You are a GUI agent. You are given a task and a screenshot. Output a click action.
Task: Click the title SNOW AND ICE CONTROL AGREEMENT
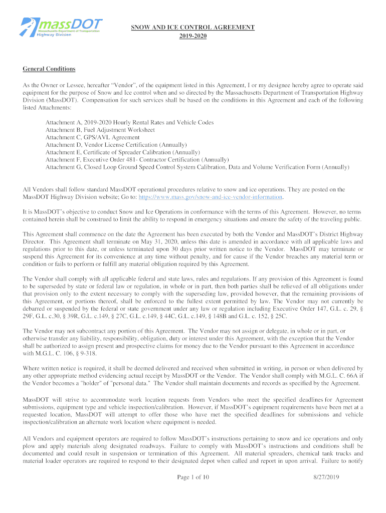pos(193,27)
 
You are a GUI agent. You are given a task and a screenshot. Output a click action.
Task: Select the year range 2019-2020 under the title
pos(193,36)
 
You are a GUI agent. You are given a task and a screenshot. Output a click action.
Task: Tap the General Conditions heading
pos(49,69)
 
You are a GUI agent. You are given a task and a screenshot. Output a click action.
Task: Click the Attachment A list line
pos(129,122)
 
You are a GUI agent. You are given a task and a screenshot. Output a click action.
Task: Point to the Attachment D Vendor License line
pos(116,145)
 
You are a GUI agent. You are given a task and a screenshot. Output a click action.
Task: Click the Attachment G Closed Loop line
pos(197,167)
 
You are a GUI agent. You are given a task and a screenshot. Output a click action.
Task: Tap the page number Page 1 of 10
pos(193,477)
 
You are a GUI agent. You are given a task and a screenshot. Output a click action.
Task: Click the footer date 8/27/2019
pos(325,477)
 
